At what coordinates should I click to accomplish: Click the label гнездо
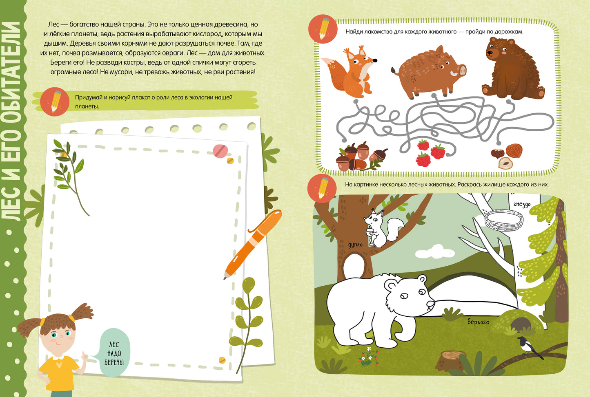(x=521, y=204)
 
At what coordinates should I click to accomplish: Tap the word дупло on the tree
(x=355, y=245)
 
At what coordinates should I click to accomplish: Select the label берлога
(x=478, y=322)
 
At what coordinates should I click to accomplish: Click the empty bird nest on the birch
(x=504, y=220)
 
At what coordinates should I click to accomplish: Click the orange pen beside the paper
(x=253, y=244)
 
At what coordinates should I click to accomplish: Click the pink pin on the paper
(x=220, y=151)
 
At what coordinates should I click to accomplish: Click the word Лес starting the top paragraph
(x=53, y=24)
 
